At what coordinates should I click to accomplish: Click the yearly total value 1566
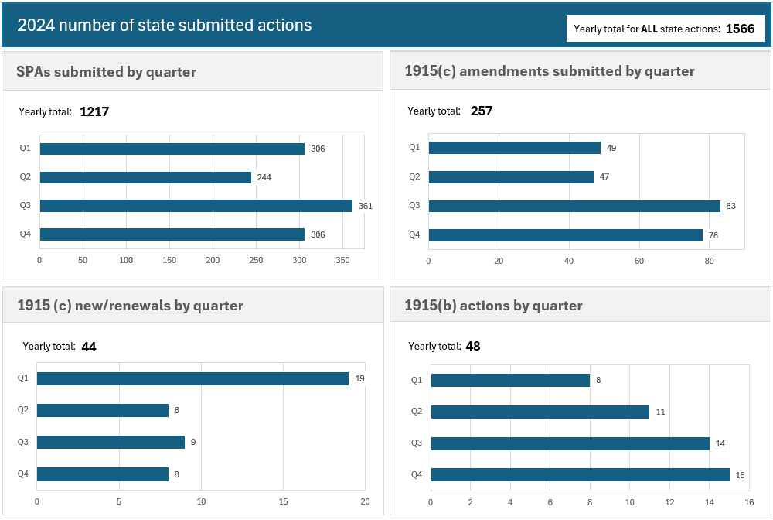(740, 29)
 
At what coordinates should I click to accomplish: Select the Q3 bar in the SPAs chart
(196, 206)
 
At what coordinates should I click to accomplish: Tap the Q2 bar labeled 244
(145, 177)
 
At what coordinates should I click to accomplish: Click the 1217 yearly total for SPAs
(94, 111)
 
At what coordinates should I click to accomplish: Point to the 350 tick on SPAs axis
(342, 261)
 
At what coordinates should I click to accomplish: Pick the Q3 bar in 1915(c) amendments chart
(574, 206)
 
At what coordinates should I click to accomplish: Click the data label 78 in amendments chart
(713, 235)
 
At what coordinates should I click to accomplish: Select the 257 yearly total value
(481, 111)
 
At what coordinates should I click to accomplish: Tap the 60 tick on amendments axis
(639, 261)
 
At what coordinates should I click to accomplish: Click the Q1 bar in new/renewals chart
(192, 378)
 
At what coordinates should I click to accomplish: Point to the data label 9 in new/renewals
(192, 443)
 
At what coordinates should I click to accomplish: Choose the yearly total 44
(89, 347)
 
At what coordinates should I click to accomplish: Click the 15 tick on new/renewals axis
(284, 501)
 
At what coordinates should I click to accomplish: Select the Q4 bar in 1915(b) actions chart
(580, 474)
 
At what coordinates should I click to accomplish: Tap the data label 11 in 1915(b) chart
(660, 412)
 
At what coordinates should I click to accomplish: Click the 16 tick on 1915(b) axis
(748, 501)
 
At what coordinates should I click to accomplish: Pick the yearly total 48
(473, 347)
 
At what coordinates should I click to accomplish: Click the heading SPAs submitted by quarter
(106, 72)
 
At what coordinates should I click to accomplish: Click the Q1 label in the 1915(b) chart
(416, 380)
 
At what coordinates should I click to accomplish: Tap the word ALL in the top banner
(649, 29)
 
